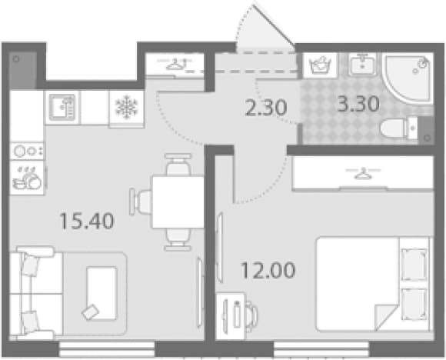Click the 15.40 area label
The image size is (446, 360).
tap(87, 222)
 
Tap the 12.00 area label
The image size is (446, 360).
tap(268, 270)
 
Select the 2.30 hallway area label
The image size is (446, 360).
tap(265, 108)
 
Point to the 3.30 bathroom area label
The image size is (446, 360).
tap(358, 104)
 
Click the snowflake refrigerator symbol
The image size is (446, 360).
tap(127, 107)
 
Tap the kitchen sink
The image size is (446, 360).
tap(62, 108)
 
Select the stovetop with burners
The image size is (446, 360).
tap(27, 151)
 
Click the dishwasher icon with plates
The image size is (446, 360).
tap(27, 178)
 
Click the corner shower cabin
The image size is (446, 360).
tap(408, 78)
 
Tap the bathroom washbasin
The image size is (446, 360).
tap(362, 65)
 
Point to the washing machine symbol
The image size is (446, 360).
tap(321, 65)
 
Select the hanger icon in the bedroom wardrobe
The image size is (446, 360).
tap(363, 174)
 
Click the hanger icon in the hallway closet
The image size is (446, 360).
tap(175, 64)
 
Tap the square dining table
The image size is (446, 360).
tap(178, 202)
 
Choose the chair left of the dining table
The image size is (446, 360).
tap(140, 202)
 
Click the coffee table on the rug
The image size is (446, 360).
tap(102, 293)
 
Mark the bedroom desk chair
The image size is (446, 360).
tap(251, 315)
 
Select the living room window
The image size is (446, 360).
tap(107, 349)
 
